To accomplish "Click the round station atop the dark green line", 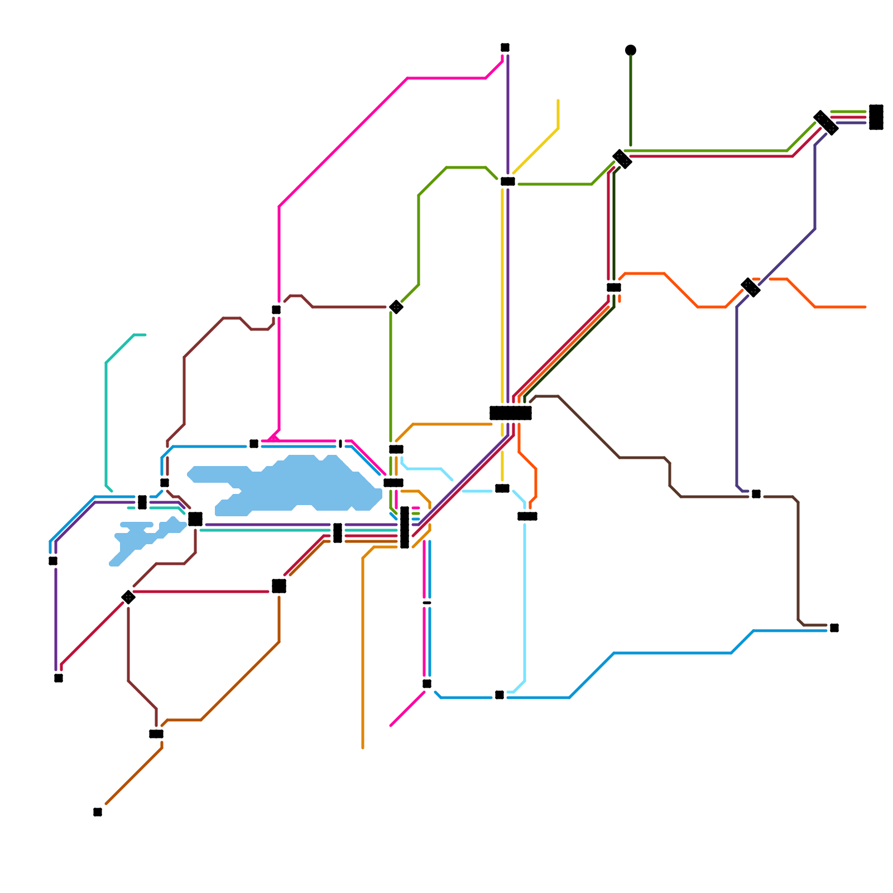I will (x=631, y=50).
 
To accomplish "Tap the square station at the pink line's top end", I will (x=505, y=47).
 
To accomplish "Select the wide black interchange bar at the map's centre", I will (x=510, y=413).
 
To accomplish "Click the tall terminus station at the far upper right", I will (x=876, y=117).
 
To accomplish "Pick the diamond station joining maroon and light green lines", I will (x=396, y=307).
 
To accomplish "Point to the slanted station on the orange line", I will (x=751, y=287).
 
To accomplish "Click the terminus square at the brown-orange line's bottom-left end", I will (x=98, y=812).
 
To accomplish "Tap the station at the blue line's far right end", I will (x=834, y=628).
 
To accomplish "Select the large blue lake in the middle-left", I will (x=296, y=486).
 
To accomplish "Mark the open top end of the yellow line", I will (x=558, y=101).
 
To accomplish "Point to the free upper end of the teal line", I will (x=145, y=335).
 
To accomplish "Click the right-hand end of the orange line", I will (x=865, y=307).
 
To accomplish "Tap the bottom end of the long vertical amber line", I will (x=363, y=747).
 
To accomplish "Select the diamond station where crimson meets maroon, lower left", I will (x=128, y=597).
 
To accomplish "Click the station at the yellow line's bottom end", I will (x=502, y=488).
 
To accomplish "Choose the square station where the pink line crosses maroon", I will (x=276, y=310).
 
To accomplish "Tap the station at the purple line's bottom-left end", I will (x=59, y=678).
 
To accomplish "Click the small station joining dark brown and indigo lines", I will (x=756, y=494).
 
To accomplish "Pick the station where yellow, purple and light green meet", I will (x=508, y=181).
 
